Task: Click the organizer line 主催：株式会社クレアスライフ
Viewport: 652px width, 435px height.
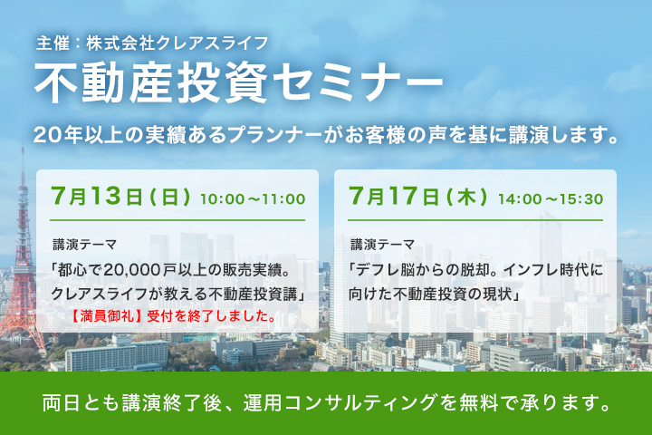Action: click(x=152, y=43)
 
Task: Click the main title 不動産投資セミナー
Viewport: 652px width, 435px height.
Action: click(x=238, y=82)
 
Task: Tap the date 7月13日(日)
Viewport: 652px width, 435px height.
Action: click(x=120, y=196)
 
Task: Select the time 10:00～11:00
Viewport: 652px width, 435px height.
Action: click(x=253, y=199)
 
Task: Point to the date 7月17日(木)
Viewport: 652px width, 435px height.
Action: click(x=417, y=196)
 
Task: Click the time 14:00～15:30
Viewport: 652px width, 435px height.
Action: click(x=551, y=199)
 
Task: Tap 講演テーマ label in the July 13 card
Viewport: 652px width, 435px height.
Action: click(x=85, y=245)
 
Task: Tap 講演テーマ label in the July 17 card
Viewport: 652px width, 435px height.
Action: click(x=382, y=245)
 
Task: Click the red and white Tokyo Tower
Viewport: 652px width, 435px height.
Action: click(x=23, y=266)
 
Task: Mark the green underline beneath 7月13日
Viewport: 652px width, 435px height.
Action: click(x=177, y=220)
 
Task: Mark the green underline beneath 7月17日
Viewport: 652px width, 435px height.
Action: click(x=475, y=220)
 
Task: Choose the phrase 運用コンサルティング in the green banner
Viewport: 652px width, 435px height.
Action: click(x=340, y=403)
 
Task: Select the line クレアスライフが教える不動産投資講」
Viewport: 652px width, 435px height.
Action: click(x=178, y=294)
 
